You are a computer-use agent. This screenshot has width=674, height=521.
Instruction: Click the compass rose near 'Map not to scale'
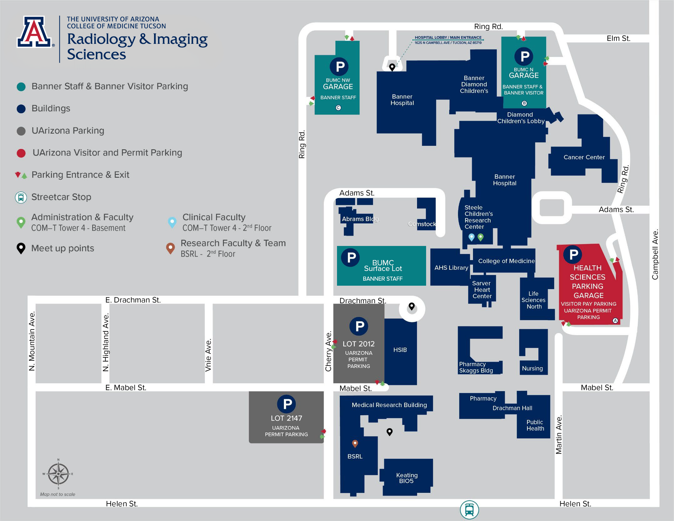pos(58,474)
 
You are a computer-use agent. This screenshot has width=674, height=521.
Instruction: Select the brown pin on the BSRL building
pos(355,444)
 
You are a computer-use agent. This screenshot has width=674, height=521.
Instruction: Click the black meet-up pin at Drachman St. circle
pos(412,306)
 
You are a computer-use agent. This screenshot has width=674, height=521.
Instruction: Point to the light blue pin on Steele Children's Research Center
pos(471,238)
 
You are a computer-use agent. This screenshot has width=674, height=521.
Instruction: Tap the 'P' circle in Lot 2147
pos(287,404)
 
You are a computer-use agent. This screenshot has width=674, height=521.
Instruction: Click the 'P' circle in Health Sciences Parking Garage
pos(573,255)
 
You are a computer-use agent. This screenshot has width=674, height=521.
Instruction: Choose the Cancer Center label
pos(584,157)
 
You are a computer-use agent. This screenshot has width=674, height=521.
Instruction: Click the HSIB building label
pos(400,350)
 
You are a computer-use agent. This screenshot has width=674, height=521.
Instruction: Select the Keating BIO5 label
pos(406,478)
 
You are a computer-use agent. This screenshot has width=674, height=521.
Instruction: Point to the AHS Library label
pos(451,268)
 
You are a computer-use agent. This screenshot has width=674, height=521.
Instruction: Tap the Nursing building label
pos(532,368)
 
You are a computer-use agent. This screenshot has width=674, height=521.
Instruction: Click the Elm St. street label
pos(618,38)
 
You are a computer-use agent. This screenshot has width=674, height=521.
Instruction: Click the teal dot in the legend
pos(21,87)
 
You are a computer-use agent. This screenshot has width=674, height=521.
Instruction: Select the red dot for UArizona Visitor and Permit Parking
pos(21,153)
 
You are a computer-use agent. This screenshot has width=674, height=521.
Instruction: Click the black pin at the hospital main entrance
pos(392,67)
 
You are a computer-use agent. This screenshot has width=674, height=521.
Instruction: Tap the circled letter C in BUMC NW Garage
pos(338,108)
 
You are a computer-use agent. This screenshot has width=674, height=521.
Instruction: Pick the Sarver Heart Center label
pos(482,290)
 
